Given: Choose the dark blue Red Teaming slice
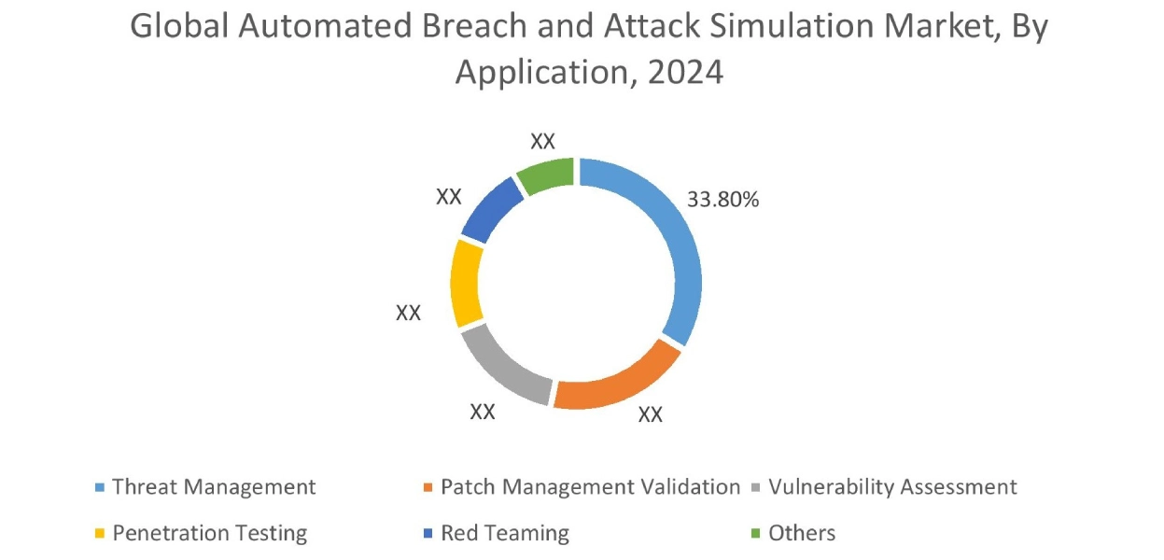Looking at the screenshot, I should point(490,209).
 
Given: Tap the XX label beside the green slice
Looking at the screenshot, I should point(542,142).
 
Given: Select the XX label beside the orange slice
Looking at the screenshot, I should point(650,415).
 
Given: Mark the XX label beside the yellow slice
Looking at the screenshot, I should point(408,314).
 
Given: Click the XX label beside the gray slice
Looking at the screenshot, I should point(482,412).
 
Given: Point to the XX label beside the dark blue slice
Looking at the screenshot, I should point(448,197).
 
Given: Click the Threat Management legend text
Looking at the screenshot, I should point(214,487).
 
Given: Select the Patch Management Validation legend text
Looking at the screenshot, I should point(590,487).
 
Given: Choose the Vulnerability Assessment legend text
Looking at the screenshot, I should point(892,487).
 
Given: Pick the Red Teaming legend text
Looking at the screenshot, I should point(504,534).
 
